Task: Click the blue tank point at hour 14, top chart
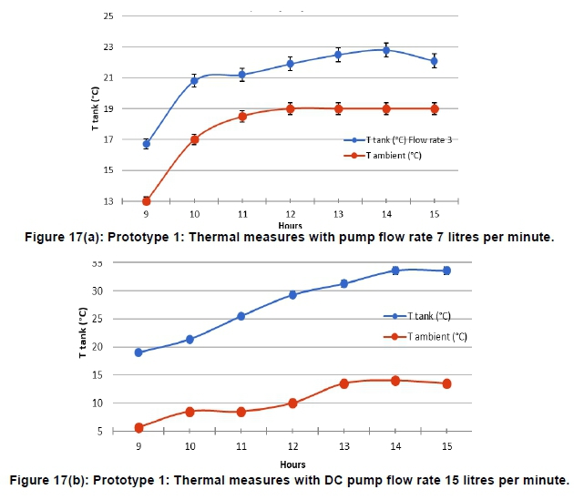click(386, 50)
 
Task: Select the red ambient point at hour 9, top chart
click(147, 200)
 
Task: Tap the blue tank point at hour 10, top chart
click(194, 81)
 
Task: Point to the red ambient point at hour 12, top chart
click(290, 108)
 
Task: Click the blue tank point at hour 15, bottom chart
click(446, 270)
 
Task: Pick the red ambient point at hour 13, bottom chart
click(344, 383)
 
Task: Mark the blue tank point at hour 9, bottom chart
click(138, 352)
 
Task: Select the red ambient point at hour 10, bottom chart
click(190, 412)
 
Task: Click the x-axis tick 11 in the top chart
click(242, 213)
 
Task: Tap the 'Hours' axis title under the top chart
click(291, 224)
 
